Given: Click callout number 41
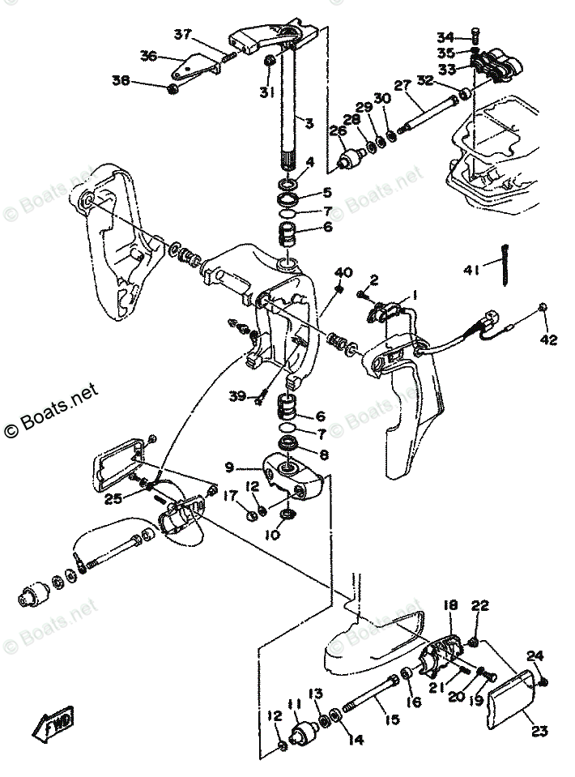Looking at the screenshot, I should (471, 270).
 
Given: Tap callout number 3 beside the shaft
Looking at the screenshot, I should (309, 122).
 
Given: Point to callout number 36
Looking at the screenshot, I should (148, 56).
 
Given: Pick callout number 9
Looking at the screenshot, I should (229, 467).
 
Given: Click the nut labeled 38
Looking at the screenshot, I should (172, 88).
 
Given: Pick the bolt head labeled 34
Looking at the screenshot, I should (475, 35).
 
